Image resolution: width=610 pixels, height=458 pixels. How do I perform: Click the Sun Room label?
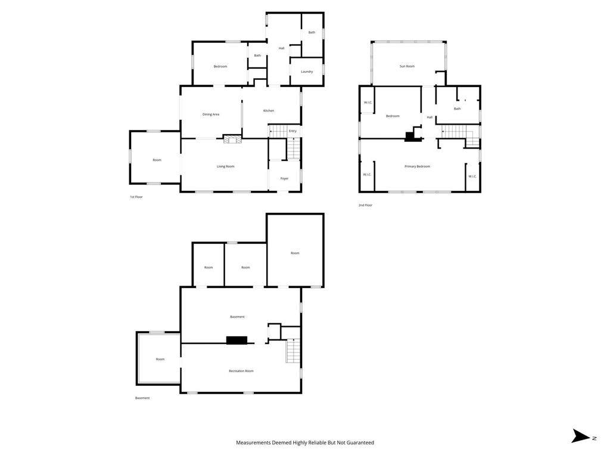click(x=407, y=66)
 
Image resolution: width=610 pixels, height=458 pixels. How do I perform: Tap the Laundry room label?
click(x=307, y=72)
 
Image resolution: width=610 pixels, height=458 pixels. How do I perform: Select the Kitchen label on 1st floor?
click(x=269, y=110)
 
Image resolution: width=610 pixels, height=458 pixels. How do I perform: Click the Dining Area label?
click(x=211, y=114)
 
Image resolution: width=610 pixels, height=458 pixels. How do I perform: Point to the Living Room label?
click(x=225, y=166)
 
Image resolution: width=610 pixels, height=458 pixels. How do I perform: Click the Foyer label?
click(x=285, y=178)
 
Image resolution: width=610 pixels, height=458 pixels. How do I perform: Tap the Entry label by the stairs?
click(x=292, y=131)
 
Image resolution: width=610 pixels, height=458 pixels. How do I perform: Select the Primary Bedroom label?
click(x=417, y=166)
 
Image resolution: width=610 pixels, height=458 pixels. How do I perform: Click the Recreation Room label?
click(x=241, y=371)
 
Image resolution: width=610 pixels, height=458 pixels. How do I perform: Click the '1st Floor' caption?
click(x=136, y=197)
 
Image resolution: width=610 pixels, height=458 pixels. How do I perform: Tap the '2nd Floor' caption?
click(x=365, y=205)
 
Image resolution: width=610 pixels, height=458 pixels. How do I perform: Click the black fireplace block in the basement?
click(x=236, y=340)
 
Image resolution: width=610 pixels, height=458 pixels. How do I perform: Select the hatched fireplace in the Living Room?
click(x=231, y=140)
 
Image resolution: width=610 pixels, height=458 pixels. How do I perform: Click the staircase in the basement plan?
click(x=292, y=351)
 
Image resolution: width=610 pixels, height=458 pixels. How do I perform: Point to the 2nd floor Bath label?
click(x=457, y=109)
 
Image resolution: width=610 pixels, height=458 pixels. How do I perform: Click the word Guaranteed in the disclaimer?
click(x=359, y=442)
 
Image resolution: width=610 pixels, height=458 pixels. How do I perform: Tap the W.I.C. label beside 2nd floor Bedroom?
click(x=368, y=103)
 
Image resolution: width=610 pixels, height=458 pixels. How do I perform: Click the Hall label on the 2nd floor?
click(x=430, y=117)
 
